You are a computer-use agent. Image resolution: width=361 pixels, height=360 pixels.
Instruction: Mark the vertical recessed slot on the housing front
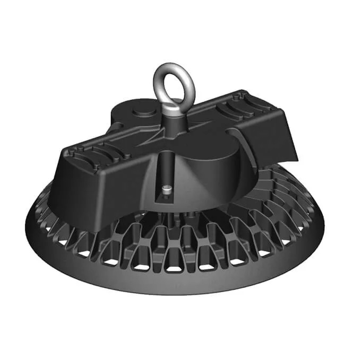point(165,175)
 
